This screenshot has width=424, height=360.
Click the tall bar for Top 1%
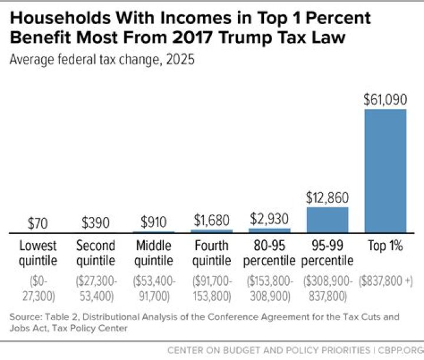[x=385, y=171]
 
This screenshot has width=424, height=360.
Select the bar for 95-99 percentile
[x=327, y=219]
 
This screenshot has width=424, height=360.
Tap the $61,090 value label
[x=385, y=99]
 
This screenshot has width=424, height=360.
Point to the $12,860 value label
[x=327, y=198]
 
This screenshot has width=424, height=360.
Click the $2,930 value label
[x=270, y=219]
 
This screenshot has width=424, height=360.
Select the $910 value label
[x=154, y=222]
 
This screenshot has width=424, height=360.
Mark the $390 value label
[x=96, y=223]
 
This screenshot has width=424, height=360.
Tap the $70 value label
[x=38, y=224]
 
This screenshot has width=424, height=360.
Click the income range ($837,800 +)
[x=385, y=281]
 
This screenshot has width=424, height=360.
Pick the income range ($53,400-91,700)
[x=154, y=287]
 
